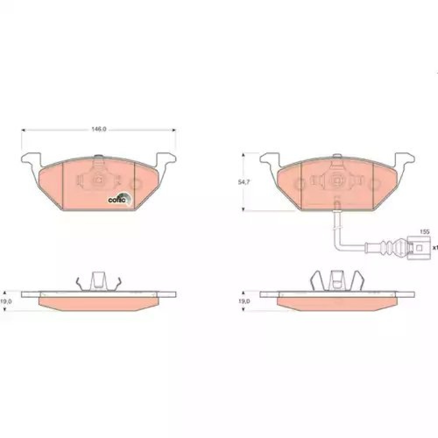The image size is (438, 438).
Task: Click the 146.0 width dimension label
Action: (x=99, y=129)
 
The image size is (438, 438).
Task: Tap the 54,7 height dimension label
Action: (x=244, y=182)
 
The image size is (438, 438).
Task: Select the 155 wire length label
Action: (x=424, y=232)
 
